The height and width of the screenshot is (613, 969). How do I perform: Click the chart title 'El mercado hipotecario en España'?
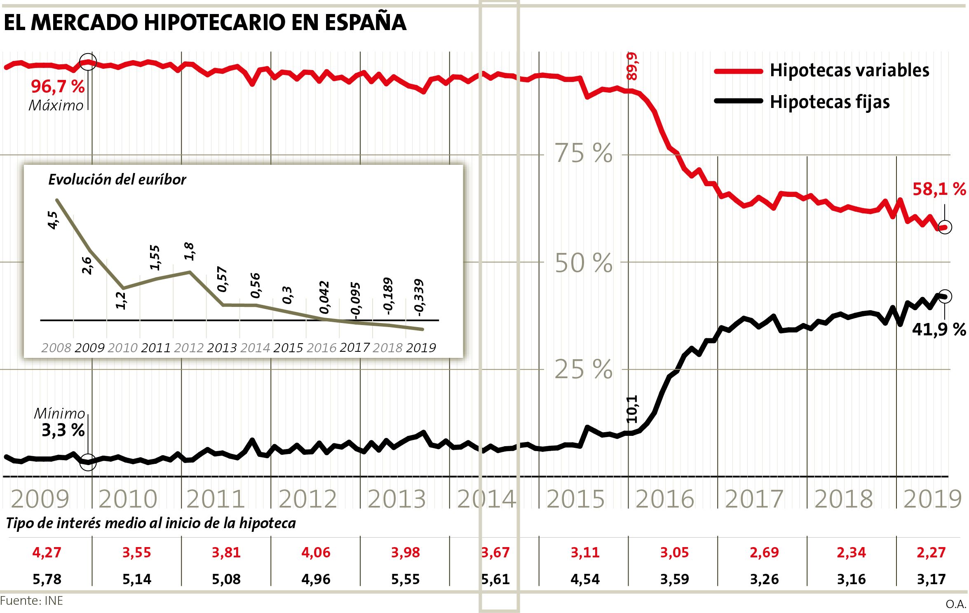click(205, 22)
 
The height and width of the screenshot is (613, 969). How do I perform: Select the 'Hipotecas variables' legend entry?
click(849, 70)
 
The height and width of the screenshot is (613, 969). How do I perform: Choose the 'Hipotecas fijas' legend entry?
click(829, 102)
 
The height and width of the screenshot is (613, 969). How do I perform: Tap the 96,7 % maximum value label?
click(58, 87)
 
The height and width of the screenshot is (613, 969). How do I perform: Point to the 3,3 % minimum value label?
click(63, 430)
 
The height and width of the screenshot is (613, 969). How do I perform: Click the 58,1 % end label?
click(939, 189)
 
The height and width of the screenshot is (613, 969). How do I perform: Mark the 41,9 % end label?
click(938, 329)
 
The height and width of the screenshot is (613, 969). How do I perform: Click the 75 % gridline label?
click(583, 154)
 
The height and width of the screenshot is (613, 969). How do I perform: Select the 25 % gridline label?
click(583, 370)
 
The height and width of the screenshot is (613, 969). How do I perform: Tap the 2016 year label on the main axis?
click(665, 499)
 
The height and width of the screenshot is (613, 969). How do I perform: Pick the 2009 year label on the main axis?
click(40, 499)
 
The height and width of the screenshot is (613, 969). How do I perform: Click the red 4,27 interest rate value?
click(47, 552)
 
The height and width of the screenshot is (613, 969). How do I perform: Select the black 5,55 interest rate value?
click(405, 579)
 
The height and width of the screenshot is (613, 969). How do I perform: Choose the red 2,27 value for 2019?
click(931, 552)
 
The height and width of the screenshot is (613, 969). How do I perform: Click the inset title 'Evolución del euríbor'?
click(117, 180)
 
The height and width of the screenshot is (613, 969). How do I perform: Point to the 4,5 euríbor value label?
click(53, 220)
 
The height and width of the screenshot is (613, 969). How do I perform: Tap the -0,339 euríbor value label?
click(419, 298)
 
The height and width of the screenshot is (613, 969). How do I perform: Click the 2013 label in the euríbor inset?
click(222, 348)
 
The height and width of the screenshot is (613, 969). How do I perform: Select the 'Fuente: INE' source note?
click(32, 601)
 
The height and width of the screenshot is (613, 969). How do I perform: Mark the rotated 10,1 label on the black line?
click(632, 409)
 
